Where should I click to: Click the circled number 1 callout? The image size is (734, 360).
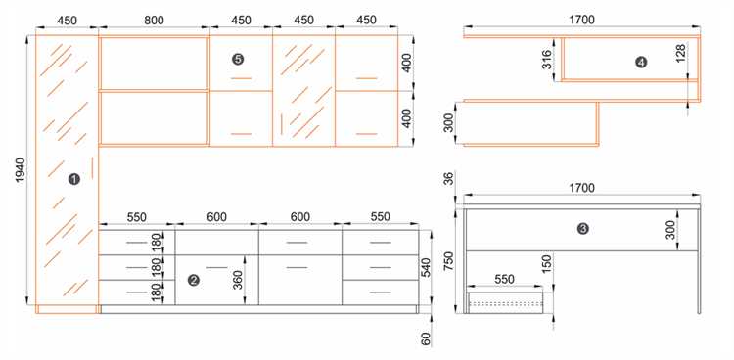tap(74, 178)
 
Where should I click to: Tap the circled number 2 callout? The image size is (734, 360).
tap(193, 280)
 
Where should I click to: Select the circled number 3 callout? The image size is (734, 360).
tap(583, 229)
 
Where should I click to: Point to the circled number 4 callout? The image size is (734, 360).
tap(641, 62)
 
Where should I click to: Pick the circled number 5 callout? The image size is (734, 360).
tap(238, 59)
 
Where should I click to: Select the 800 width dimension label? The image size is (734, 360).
tap(154, 21)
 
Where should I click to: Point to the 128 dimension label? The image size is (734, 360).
tap(681, 54)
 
